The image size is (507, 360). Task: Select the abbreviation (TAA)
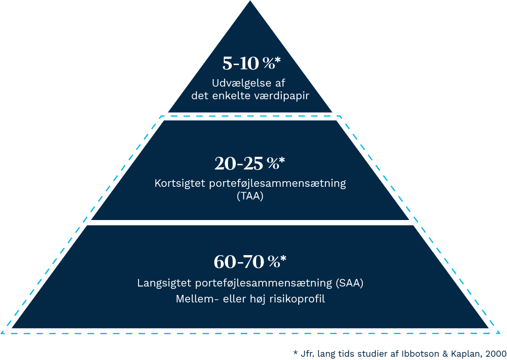(x=250, y=196)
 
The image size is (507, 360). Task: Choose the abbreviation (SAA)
(x=349, y=283)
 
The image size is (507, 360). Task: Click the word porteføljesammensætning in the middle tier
(x=277, y=183)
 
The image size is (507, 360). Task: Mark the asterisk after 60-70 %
(x=283, y=259)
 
